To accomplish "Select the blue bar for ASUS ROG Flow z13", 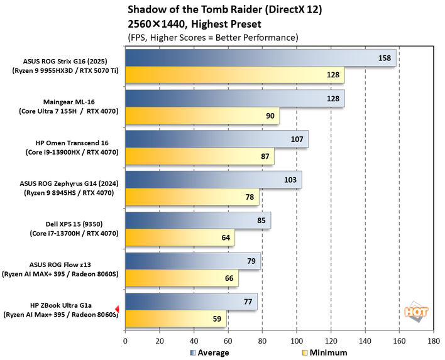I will (193, 261).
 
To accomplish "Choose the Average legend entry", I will (209, 352).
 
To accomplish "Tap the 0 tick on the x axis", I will (126, 341).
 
